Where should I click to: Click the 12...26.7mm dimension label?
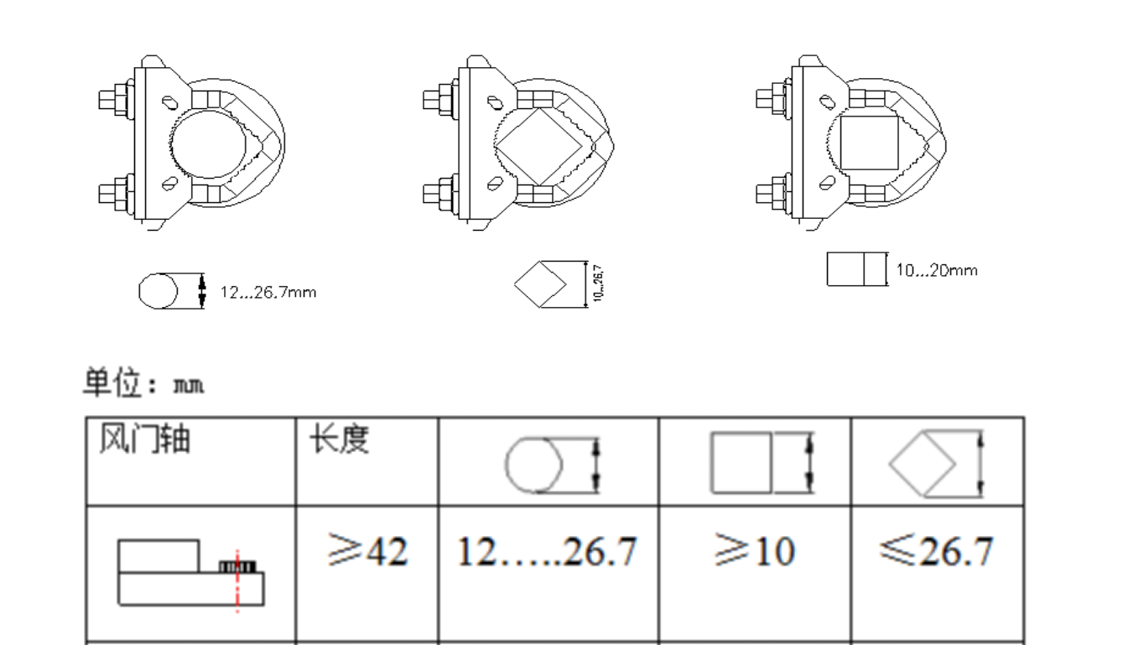(268, 293)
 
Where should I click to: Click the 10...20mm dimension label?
(937, 271)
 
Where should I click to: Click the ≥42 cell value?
(368, 553)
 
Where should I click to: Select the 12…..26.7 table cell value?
(547, 553)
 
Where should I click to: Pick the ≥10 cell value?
(755, 553)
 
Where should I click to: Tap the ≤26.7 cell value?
(936, 553)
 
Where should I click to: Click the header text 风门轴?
(144, 440)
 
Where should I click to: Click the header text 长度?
(340, 440)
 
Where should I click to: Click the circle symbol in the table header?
(533, 466)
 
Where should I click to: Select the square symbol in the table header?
(741, 463)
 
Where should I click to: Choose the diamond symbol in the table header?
(923, 462)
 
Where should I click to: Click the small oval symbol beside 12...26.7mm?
(158, 291)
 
